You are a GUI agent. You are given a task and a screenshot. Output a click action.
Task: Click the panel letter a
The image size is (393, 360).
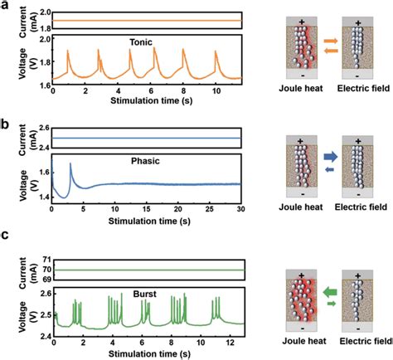5,7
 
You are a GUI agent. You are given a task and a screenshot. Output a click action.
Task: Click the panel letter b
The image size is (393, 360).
6,126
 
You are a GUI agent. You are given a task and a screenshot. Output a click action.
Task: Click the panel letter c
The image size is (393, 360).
5,246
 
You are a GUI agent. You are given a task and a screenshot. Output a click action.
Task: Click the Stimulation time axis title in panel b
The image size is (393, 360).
147,220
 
